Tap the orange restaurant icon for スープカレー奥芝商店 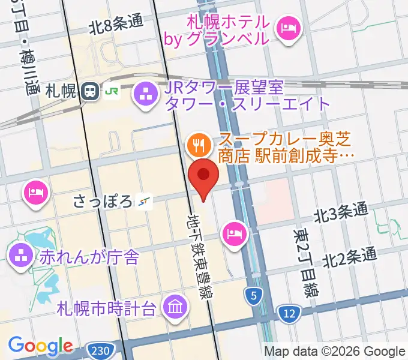(x=197, y=143)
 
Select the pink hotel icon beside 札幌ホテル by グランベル (x=289, y=28)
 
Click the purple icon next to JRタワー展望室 (x=145, y=94)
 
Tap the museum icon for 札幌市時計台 (x=176, y=308)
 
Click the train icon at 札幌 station (x=91, y=91)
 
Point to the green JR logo (x=112, y=91)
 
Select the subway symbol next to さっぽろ (x=143, y=202)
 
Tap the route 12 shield (x=289, y=312)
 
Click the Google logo (x=40, y=345)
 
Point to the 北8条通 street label (x=116, y=25)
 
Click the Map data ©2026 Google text (x=335, y=351)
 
